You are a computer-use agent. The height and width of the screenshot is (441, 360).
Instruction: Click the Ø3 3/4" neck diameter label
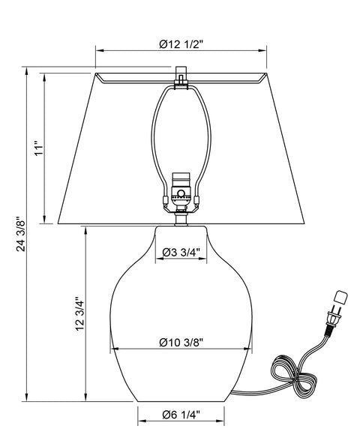click(x=181, y=252)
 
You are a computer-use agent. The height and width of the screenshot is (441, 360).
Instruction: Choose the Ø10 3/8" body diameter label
click(x=181, y=342)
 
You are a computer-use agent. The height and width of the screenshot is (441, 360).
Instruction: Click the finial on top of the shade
click(x=180, y=77)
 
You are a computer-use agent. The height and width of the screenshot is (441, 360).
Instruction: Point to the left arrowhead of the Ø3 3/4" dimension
click(x=157, y=260)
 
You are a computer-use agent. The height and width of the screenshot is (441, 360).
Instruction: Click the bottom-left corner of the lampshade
click(x=58, y=223)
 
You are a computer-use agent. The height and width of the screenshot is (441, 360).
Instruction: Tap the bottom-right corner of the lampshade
click(x=311, y=223)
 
